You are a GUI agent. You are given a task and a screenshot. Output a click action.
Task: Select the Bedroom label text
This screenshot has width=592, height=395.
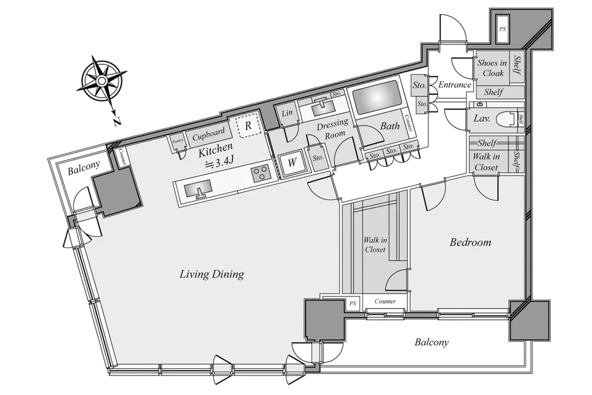coord(470,242)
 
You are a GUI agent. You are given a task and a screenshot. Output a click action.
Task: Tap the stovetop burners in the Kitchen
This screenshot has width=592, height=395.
coord(261,173)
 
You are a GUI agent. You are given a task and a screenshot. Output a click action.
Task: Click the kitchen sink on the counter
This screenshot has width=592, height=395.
coord(198,188)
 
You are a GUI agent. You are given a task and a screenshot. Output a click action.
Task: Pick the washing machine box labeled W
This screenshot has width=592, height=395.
coord(292,162)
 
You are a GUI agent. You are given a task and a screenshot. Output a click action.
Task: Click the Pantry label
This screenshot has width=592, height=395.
coord(178,141)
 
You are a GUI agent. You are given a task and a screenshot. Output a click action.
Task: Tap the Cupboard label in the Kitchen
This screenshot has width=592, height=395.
coord(208,134)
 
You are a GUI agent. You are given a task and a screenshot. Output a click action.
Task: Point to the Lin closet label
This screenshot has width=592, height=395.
coord(287,113)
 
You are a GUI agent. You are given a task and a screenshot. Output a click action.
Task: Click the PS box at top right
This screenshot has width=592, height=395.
coord(503,29)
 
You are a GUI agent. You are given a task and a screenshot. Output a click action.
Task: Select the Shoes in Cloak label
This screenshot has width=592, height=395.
coord(492,68)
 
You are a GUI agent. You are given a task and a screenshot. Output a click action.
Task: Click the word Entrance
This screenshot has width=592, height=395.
coord(454,85)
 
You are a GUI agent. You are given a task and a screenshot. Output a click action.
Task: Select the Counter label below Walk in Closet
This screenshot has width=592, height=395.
coord(385,301)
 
